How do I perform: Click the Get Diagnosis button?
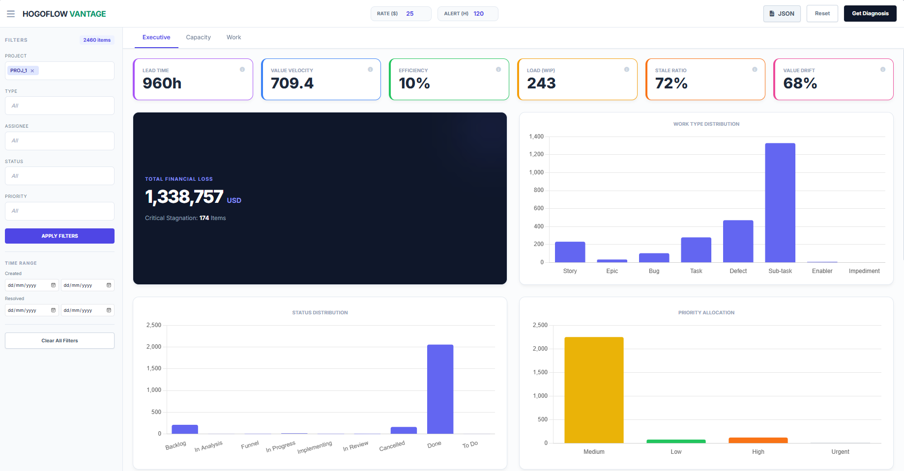870,14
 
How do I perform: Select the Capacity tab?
198,37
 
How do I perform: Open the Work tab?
233,37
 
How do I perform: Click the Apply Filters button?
59,236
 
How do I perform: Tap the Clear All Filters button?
59,340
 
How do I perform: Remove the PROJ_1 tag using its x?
32,71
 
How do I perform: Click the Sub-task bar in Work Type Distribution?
780,202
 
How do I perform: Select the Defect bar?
738,241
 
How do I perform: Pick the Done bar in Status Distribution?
440,389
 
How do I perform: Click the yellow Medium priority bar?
594,390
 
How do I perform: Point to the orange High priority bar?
758,440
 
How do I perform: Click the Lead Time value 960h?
162,83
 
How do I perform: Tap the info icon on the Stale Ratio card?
755,69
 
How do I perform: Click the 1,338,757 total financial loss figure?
184,197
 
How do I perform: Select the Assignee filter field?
59,141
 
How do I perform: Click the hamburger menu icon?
11,14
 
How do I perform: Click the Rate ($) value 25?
410,14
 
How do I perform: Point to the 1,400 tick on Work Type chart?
536,137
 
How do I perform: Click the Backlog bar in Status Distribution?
185,429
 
